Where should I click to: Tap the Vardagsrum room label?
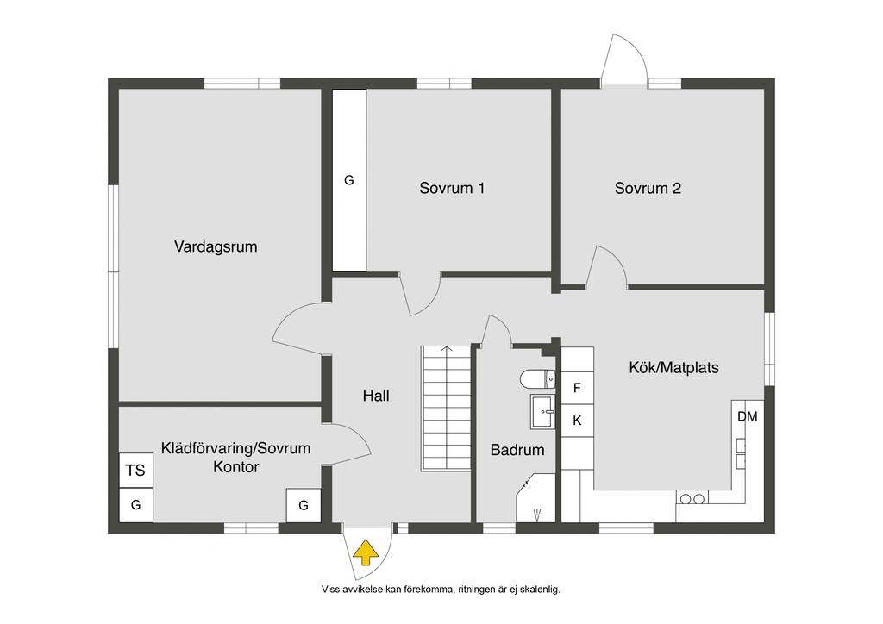pyautogui.click(x=216, y=246)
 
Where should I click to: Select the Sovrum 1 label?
pyautogui.click(x=452, y=188)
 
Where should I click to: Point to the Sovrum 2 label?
pyautogui.click(x=648, y=188)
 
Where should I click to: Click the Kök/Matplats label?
pyautogui.click(x=673, y=367)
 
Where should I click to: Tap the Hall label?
pyautogui.click(x=376, y=396)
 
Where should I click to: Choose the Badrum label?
pyautogui.click(x=517, y=450)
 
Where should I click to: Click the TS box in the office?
pyautogui.click(x=135, y=470)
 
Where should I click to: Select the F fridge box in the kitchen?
pyautogui.click(x=577, y=388)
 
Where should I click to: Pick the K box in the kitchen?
pyautogui.click(x=577, y=421)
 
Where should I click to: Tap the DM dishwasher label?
pyautogui.click(x=748, y=416)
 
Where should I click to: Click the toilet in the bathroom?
pyautogui.click(x=537, y=378)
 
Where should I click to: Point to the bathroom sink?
pyautogui.click(x=542, y=411)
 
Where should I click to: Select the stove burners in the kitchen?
pyautogui.click(x=692, y=498)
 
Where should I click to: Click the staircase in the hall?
pyautogui.click(x=446, y=408)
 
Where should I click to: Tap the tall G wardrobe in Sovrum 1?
pyautogui.click(x=349, y=181)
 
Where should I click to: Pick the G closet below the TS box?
pyautogui.click(x=135, y=505)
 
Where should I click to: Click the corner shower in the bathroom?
pyautogui.click(x=535, y=498)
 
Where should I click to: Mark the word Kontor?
pyautogui.click(x=236, y=466)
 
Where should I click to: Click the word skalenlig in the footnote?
pyautogui.click(x=540, y=590)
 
